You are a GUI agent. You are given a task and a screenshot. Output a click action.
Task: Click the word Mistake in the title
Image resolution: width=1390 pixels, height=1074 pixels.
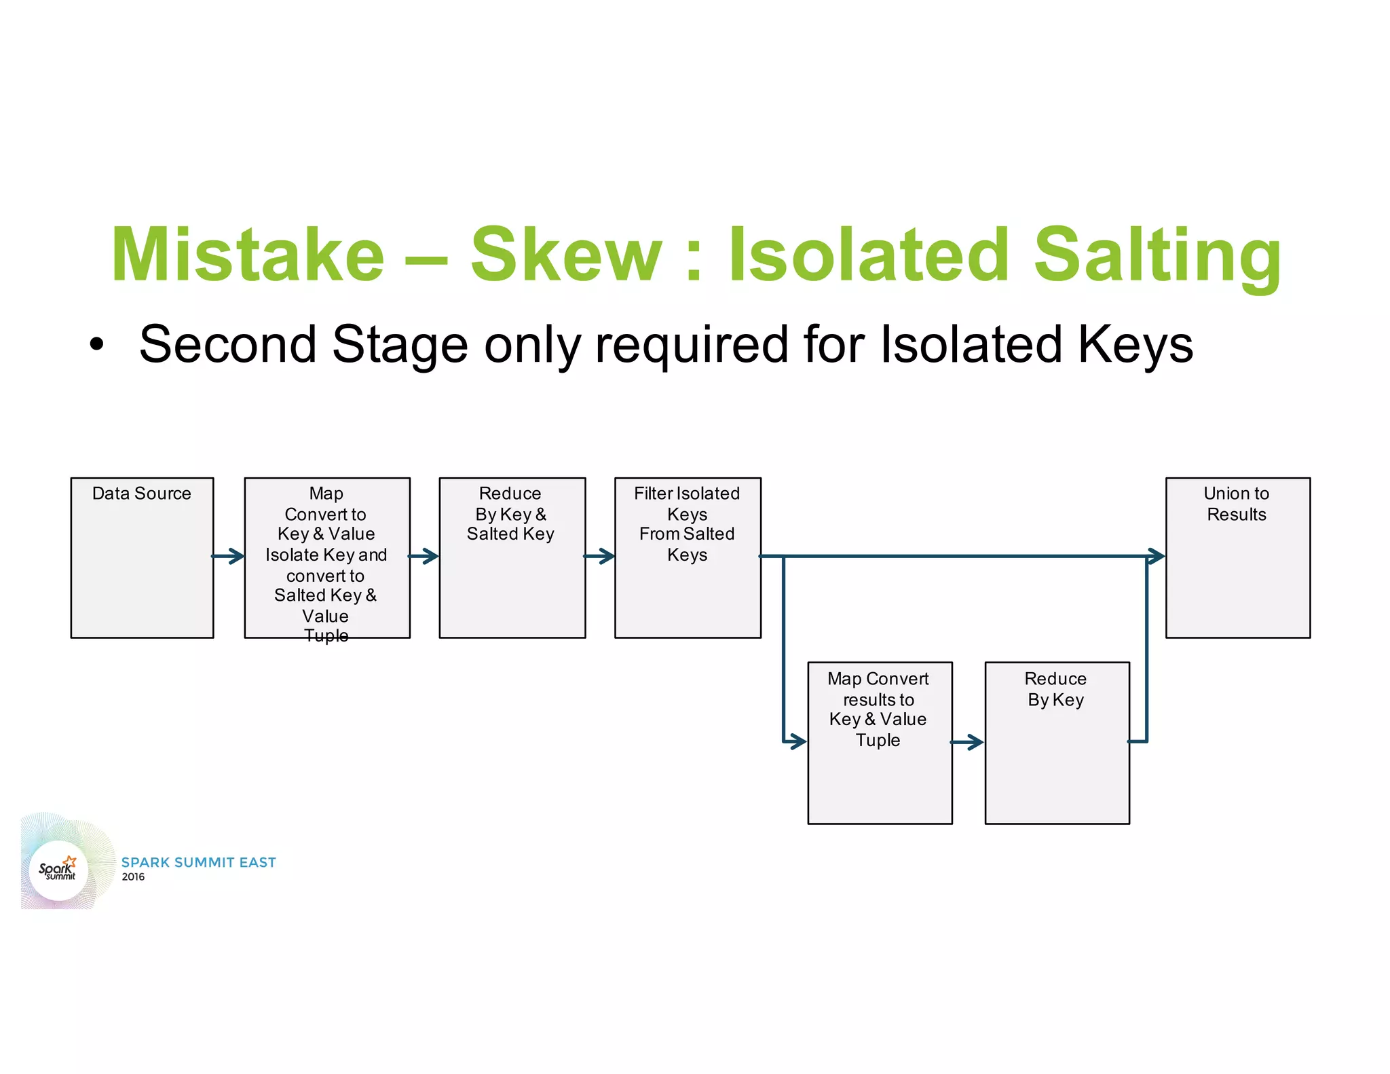coord(248,255)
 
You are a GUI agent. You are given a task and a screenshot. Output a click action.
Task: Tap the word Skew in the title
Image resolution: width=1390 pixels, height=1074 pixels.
coord(566,255)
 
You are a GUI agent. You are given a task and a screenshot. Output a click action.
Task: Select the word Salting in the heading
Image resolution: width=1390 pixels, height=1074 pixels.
coord(1157,255)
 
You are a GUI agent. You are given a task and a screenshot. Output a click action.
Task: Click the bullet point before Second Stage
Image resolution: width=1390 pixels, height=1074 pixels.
coord(97,345)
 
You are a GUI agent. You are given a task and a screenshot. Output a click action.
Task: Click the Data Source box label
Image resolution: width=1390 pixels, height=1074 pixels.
coord(141,494)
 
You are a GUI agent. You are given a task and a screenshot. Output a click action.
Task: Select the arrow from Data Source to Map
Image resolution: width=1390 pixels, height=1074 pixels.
coord(229,556)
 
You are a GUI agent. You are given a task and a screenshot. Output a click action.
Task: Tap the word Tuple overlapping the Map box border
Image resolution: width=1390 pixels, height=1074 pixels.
coord(326,635)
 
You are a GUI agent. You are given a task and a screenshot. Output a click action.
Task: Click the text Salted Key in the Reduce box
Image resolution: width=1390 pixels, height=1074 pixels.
coord(510,534)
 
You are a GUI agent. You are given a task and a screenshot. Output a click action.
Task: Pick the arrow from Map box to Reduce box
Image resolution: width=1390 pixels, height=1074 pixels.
coord(424,556)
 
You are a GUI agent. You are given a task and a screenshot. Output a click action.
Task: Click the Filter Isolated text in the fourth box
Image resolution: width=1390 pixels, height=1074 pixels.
coord(687,494)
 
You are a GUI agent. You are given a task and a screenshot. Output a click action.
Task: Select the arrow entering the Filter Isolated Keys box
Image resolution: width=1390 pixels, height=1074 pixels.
coord(600,556)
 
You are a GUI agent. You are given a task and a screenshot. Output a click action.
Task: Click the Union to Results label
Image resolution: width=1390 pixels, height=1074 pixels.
coord(1236,504)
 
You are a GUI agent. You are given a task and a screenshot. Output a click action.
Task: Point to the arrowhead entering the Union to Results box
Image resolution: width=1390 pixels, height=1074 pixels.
coord(1157,556)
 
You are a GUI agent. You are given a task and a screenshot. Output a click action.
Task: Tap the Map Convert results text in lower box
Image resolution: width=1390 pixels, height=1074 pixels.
coord(878,688)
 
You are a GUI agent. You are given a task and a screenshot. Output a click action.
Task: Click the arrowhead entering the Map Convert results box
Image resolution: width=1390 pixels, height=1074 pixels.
coord(797,741)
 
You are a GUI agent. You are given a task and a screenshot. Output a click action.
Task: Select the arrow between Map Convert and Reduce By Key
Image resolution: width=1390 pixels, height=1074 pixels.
coord(967,742)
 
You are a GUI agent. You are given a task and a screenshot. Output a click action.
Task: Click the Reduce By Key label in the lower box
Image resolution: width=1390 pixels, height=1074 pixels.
coord(1055,688)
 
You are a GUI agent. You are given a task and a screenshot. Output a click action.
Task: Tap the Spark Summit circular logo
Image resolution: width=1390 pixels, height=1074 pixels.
coord(58,870)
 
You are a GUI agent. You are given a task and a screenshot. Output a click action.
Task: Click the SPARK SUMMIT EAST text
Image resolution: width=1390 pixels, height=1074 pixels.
coord(198,862)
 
